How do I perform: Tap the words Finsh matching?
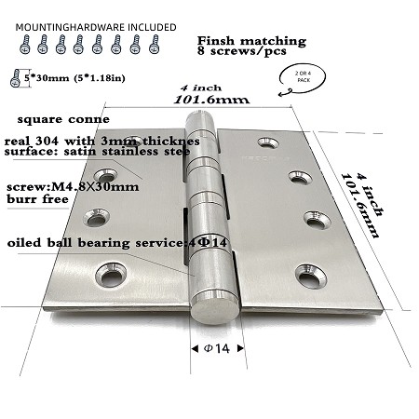251,41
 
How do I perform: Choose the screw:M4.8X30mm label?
73,186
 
